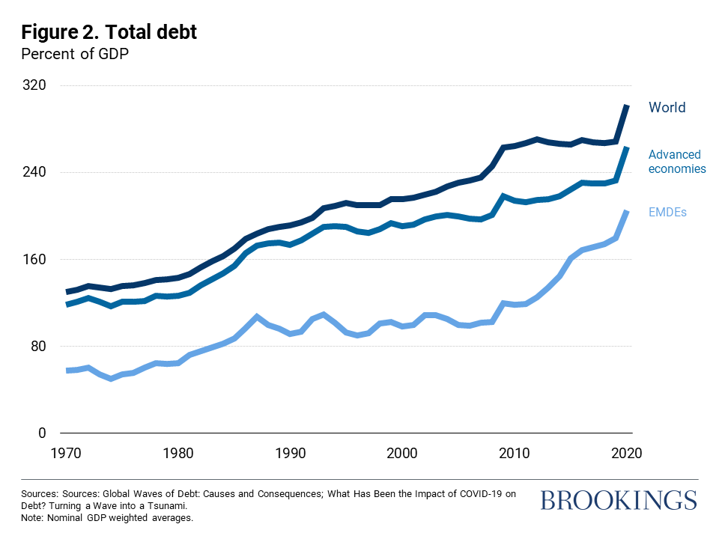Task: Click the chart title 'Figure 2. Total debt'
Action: (x=109, y=32)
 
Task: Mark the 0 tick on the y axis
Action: (x=43, y=433)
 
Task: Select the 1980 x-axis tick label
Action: (x=179, y=453)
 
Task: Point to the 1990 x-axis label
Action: (x=291, y=453)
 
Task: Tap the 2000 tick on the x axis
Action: (x=403, y=453)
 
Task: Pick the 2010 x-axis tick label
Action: (x=515, y=453)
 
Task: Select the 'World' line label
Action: (x=667, y=108)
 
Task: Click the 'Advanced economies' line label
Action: (x=676, y=162)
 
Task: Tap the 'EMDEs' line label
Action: (x=667, y=213)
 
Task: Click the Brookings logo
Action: (x=618, y=500)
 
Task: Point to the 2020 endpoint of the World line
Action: (x=627, y=106)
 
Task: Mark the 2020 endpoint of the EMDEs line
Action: (x=627, y=212)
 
